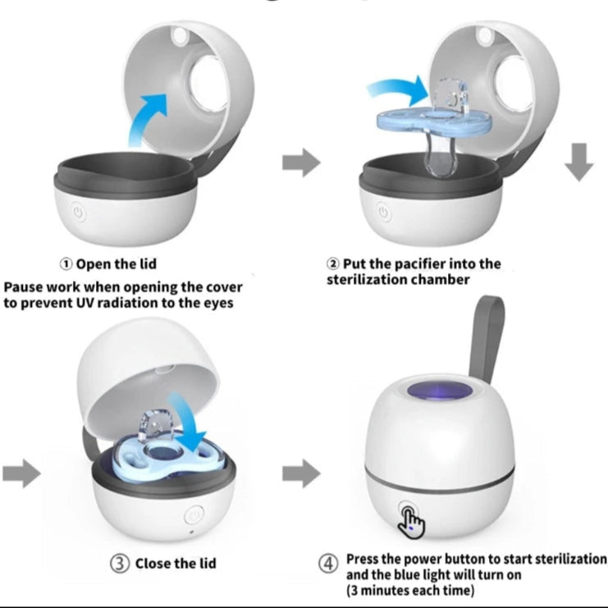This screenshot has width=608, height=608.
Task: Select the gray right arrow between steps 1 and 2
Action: pos(301,162)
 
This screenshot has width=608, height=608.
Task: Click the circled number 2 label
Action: pos(332,264)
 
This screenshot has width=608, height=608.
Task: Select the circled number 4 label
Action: pos(327,563)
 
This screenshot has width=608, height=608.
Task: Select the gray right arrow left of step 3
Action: pos(21,473)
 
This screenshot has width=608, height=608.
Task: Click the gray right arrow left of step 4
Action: pos(301,473)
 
